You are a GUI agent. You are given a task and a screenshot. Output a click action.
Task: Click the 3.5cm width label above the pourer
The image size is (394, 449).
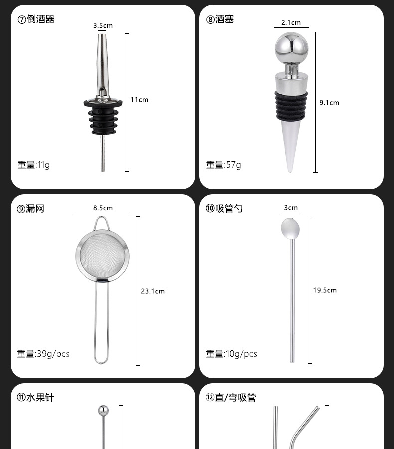pyautogui.click(x=103, y=25)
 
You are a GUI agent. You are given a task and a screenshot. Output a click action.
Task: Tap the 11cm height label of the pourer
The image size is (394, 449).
pyautogui.click(x=139, y=100)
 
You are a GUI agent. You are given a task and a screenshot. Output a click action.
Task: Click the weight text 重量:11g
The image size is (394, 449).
pyautogui.click(x=34, y=165)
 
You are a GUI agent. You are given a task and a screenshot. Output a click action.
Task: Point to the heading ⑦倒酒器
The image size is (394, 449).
pyautogui.click(x=36, y=20)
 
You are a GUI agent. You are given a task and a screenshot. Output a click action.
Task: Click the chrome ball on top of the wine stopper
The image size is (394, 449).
pyautogui.click(x=291, y=49)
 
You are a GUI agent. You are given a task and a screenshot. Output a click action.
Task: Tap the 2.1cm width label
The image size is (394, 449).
pyautogui.click(x=291, y=23)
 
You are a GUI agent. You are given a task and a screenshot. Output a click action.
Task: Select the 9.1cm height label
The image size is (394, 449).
pyautogui.click(x=329, y=103)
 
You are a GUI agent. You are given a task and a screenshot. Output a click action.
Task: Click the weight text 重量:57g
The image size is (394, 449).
pyautogui.click(x=223, y=165)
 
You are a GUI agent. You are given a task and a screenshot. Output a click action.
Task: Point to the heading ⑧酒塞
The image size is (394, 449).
pyautogui.click(x=220, y=20)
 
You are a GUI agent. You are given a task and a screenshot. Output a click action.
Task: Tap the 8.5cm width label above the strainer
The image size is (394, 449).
pyautogui.click(x=103, y=208)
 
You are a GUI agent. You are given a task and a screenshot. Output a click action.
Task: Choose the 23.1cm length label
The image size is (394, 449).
pyautogui.click(x=152, y=291)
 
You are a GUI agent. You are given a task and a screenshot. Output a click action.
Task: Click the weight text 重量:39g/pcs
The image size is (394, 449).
pyautogui.click(x=43, y=354)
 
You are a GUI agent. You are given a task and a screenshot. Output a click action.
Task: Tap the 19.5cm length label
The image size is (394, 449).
pyautogui.click(x=325, y=290)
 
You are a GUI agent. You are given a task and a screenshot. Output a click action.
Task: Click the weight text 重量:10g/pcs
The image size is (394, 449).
pyautogui.click(x=232, y=354)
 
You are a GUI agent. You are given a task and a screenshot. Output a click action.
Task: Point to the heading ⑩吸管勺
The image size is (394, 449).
pyautogui.click(x=224, y=209)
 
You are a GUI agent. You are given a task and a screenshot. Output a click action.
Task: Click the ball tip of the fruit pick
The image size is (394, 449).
pyautogui.click(x=102, y=411)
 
